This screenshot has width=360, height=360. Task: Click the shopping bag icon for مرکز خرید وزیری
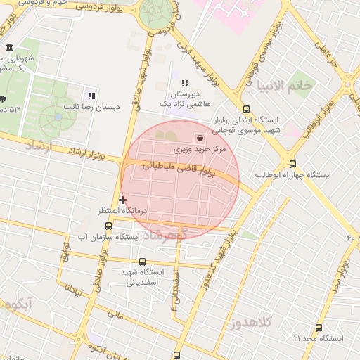pyautogui.click(x=202, y=138)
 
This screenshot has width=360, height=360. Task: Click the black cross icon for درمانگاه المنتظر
pyautogui.click(x=123, y=200)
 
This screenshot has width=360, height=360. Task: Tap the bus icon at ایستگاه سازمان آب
pyautogui.click(x=108, y=226)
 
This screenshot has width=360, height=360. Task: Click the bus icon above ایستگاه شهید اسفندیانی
pyautogui.click(x=143, y=262)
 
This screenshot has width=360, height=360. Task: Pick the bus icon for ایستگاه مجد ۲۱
pyautogui.click(x=319, y=328)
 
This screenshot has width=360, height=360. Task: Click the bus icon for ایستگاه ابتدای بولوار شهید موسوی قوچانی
pyautogui.click(x=245, y=109)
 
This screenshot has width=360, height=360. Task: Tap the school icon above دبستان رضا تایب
pyautogui.click(x=91, y=96)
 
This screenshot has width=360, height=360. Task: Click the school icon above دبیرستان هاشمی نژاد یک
pyautogui.click(x=184, y=84)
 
